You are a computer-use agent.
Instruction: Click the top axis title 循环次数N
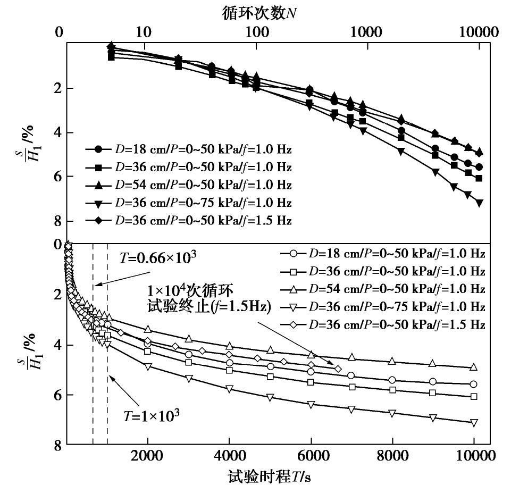(x=261, y=13)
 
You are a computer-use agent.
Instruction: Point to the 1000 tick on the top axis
(x=365, y=31)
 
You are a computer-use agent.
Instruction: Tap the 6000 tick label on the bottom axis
(x=311, y=456)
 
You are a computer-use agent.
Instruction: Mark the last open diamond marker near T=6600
(x=338, y=369)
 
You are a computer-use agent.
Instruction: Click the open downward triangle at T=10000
(x=474, y=423)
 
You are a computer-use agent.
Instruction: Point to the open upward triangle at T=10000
(x=474, y=367)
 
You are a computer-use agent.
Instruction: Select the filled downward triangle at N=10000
(x=480, y=203)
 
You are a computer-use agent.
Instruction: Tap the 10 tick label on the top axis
(x=143, y=31)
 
